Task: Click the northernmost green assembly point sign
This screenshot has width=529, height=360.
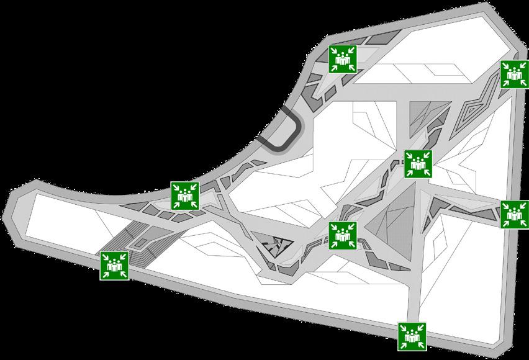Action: (x=343, y=59)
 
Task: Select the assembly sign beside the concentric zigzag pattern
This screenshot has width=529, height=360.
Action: (x=514, y=74)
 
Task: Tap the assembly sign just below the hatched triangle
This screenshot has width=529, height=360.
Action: (x=418, y=163)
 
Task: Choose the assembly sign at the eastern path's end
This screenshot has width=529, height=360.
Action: (x=514, y=214)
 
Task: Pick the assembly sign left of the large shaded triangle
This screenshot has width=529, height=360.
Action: (x=342, y=235)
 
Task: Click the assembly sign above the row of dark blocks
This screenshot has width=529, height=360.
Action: (x=184, y=196)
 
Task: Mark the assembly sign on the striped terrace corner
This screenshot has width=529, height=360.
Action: (x=114, y=266)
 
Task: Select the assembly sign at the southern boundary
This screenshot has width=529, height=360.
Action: (x=412, y=336)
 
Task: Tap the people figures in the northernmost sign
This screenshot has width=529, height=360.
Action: (x=343, y=59)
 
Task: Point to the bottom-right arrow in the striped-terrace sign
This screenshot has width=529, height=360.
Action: (x=122, y=274)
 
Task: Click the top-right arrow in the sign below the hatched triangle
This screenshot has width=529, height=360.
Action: (x=426, y=156)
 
